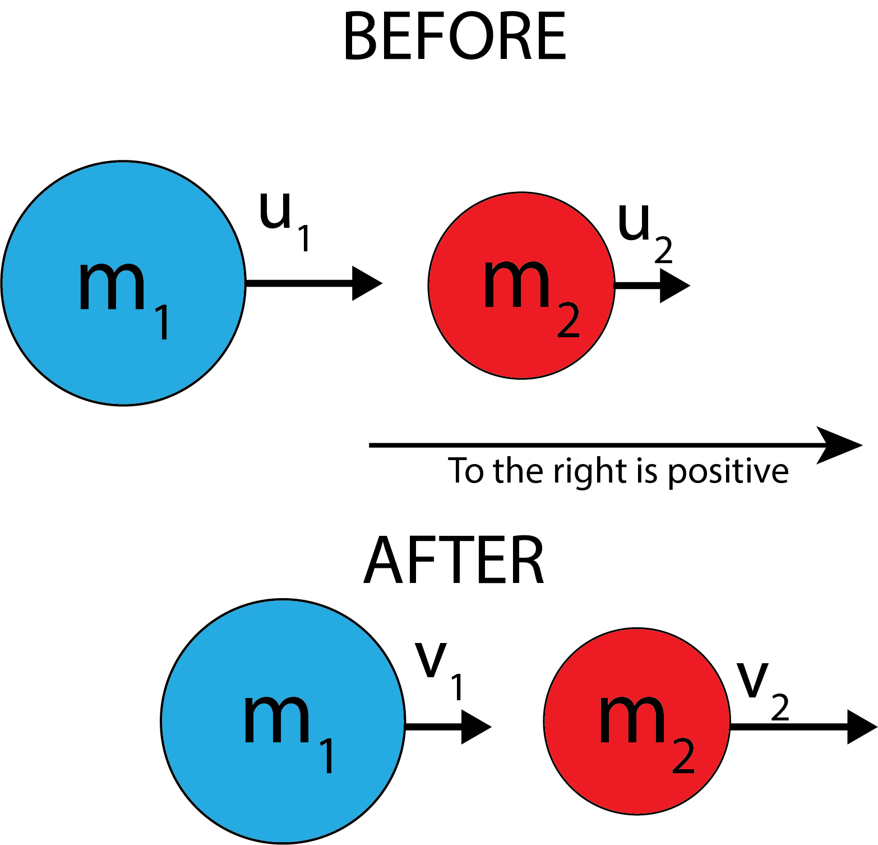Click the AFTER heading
click(454, 560)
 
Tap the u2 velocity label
click(644, 232)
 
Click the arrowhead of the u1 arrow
click(366, 283)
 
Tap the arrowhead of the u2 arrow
click(674, 286)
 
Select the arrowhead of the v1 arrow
click(475, 727)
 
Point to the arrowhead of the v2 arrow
click(861, 727)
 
